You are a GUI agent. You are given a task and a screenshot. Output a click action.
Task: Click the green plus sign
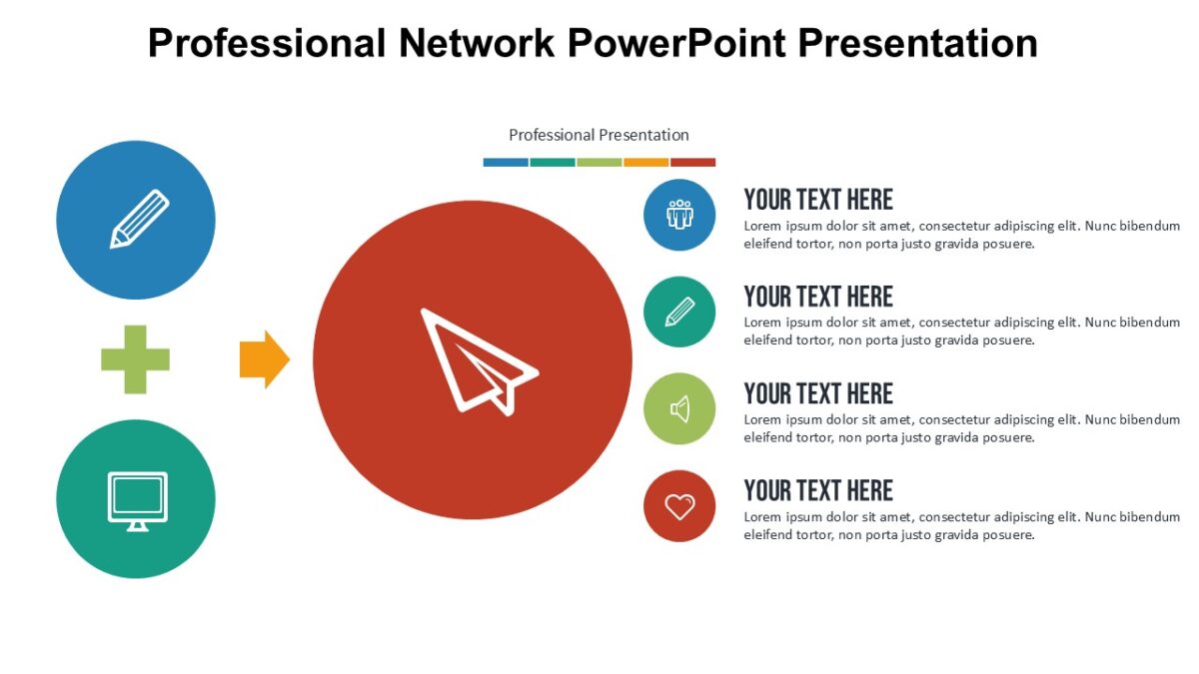click(135, 359)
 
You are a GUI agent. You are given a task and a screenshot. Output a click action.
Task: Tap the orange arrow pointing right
click(264, 358)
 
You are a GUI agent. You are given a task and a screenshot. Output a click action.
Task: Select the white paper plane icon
click(477, 361)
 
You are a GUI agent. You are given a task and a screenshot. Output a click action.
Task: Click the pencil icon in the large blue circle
click(138, 220)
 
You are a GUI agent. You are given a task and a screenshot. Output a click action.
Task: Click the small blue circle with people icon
click(679, 215)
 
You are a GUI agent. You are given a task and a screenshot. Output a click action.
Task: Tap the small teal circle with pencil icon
click(679, 312)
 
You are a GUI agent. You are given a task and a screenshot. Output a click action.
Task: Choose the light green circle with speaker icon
click(679, 408)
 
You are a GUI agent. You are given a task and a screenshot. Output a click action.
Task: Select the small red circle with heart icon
click(679, 506)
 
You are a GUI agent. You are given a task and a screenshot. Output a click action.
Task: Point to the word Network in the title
click(477, 43)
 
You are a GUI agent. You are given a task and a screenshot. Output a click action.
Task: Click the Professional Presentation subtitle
click(599, 135)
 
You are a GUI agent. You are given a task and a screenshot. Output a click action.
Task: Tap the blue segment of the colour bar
click(506, 162)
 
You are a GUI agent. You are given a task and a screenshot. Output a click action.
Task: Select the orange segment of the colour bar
click(645, 162)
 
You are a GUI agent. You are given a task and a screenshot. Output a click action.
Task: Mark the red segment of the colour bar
click(692, 162)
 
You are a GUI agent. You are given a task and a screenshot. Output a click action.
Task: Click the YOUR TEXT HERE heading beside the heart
click(818, 490)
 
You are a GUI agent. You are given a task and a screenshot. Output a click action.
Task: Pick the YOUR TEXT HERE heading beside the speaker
click(818, 393)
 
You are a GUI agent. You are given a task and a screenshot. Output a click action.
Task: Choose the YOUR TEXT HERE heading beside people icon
click(818, 200)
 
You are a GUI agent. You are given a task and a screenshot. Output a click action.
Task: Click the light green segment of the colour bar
click(599, 162)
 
